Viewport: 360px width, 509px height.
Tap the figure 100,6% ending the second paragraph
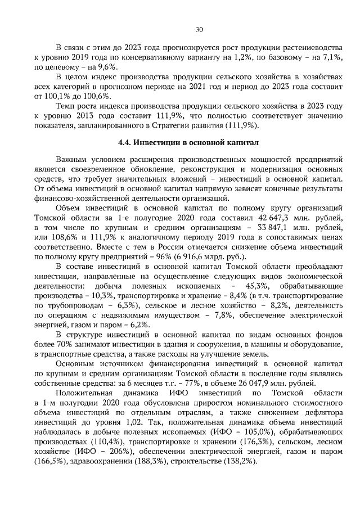(98, 96)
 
